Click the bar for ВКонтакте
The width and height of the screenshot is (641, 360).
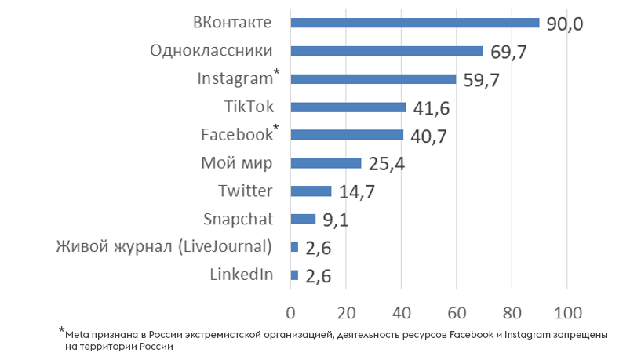tap(415, 23)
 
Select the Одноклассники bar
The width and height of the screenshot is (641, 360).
tap(387, 51)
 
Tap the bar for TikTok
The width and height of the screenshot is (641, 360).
tap(348, 107)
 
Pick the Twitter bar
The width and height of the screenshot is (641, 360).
tap(311, 191)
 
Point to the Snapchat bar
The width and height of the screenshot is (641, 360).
tap(303, 219)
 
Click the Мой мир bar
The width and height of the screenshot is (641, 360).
tap(326, 163)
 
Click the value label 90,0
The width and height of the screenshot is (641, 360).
tap(565, 24)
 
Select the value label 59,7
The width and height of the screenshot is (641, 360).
tap(482, 80)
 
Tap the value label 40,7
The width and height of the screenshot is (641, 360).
tap(428, 136)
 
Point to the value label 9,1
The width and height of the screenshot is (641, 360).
tap(334, 220)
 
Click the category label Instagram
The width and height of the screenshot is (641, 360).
tap(234, 79)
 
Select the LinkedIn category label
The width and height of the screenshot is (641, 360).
tap(241, 275)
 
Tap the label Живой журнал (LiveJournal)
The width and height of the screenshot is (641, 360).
tap(165, 247)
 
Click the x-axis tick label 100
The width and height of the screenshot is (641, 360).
tap(566, 312)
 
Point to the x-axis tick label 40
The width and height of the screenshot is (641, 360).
tap(401, 312)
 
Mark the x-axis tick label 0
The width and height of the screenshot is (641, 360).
tap(290, 312)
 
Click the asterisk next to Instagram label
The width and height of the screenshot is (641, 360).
tap(276, 73)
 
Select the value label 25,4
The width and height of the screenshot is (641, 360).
tap(386, 165)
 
